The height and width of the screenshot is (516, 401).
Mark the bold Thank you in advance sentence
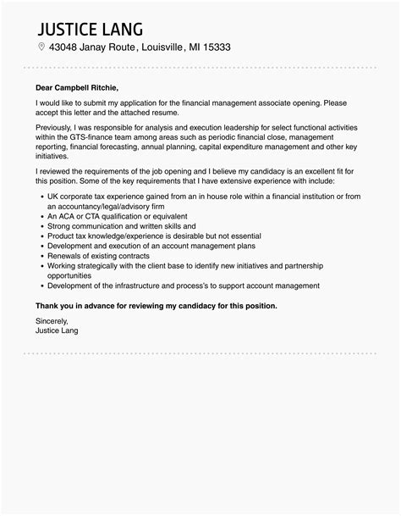156,304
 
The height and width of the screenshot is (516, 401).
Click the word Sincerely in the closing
52,321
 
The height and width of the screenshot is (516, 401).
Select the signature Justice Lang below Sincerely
57,330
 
